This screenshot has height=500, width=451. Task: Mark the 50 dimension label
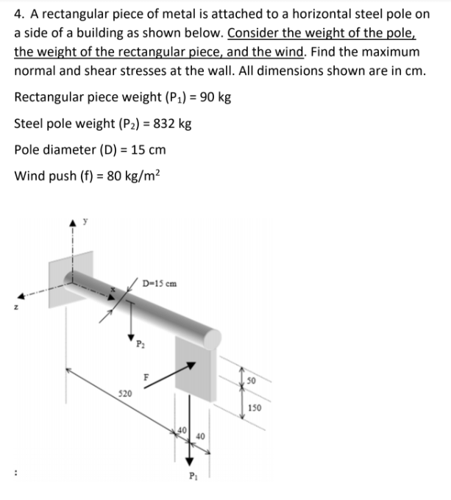tap(252, 380)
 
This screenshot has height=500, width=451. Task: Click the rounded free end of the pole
tap(213, 337)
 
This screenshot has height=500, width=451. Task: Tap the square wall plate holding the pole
tap(70, 276)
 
